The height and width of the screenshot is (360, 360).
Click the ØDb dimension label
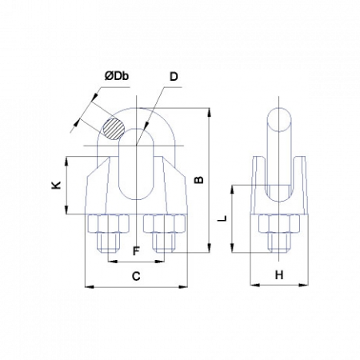(x=117, y=76)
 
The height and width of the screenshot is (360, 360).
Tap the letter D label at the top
(x=174, y=77)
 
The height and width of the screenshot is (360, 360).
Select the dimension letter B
(x=199, y=180)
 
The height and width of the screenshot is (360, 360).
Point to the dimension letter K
(x=57, y=185)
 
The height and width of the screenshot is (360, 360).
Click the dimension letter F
(x=136, y=251)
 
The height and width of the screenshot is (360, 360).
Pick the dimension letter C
(x=136, y=276)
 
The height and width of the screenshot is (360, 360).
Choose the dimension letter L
(x=222, y=218)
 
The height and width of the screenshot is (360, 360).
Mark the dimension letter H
(x=279, y=275)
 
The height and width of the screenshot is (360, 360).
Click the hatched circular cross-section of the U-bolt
(x=114, y=129)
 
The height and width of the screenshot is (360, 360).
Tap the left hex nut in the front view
(x=108, y=223)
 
